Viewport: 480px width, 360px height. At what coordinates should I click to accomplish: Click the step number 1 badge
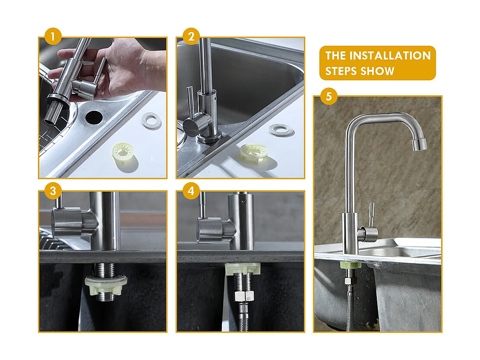(x=53, y=36)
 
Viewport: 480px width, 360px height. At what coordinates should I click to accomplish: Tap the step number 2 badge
(x=191, y=36)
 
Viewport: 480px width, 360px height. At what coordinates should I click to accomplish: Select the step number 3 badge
(x=53, y=191)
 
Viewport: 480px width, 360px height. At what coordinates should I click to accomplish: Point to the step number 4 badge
(x=191, y=191)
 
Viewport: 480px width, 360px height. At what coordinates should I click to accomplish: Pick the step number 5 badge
(x=329, y=96)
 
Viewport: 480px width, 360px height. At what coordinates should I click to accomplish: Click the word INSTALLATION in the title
(x=390, y=56)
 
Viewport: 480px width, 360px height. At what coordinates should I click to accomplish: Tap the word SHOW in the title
(x=378, y=71)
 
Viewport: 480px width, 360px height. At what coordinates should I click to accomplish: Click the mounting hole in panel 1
(x=94, y=116)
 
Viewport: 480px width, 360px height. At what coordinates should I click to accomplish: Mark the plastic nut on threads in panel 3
(x=106, y=285)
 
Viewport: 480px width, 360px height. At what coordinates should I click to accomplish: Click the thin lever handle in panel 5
(x=370, y=214)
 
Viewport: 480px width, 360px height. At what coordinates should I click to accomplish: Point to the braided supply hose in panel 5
(x=350, y=306)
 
